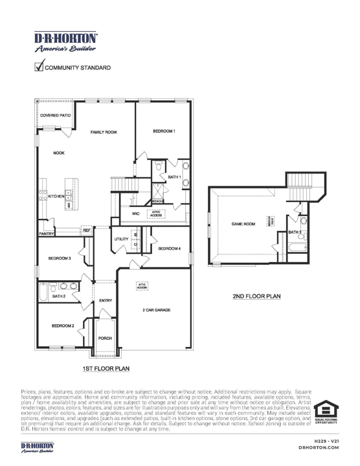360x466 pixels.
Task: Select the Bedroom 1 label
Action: tap(164, 131)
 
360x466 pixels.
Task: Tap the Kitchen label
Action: tap(56, 195)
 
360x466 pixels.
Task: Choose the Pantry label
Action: tap(45, 233)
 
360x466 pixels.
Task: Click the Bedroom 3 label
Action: tap(60, 258)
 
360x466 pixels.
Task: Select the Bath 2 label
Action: tap(59, 296)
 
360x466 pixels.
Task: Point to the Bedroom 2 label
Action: tap(63, 326)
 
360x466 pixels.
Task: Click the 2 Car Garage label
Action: tap(156, 311)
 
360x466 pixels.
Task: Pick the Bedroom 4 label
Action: tap(169, 249)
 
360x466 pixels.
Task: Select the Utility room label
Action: tap(121, 239)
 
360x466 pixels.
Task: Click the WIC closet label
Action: tap(135, 213)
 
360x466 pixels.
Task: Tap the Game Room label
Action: tap(243, 223)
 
